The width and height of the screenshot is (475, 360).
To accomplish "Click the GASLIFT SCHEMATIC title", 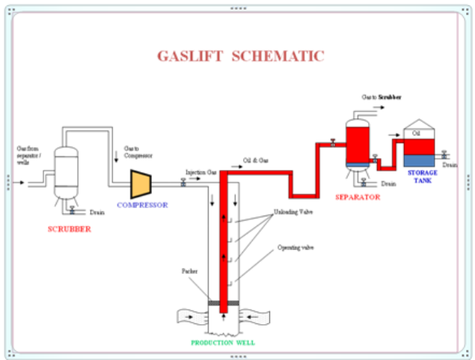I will (x=240, y=56).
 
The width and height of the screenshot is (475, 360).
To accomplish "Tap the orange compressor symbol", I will (x=141, y=183).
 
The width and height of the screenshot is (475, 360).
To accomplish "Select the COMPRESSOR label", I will (x=142, y=204).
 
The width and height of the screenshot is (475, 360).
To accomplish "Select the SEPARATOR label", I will (x=358, y=197).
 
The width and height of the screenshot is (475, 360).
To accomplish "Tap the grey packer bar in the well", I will (x=222, y=302).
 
